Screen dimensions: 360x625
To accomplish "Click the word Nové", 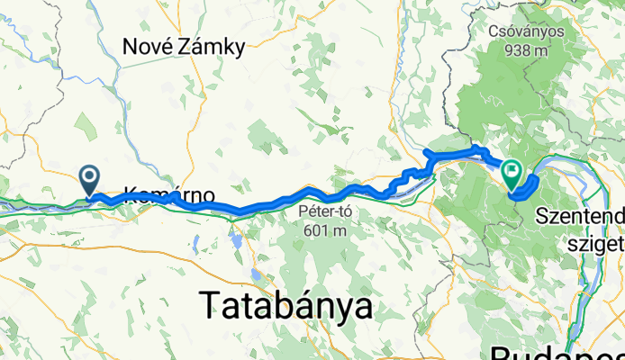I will tap(150, 47).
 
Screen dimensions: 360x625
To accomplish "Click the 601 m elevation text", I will tap(322, 231).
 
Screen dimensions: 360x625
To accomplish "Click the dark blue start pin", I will tap(91, 178).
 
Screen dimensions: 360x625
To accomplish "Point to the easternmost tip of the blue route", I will tap(538, 180).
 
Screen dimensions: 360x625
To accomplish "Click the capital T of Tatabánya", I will tap(210, 307).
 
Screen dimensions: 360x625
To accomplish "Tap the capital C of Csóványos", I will tap(494, 32).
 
